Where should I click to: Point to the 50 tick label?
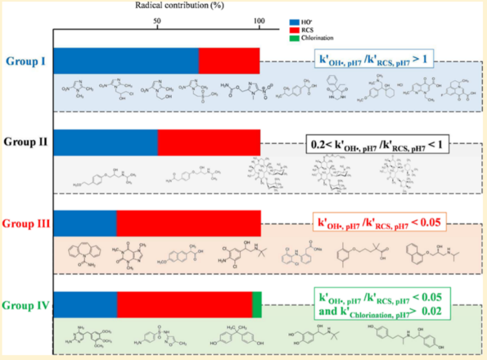click(x=157, y=21)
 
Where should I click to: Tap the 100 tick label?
click(x=259, y=21)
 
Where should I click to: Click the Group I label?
click(x=27, y=60)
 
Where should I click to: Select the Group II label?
click(x=25, y=142)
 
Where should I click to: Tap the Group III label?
click(x=25, y=224)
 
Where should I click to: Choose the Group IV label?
click(x=25, y=306)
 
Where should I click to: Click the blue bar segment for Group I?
click(x=126, y=60)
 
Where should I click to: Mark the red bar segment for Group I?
click(x=229, y=60)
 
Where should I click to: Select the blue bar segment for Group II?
click(x=105, y=142)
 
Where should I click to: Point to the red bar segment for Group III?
click(x=188, y=223)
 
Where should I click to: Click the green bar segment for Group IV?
click(x=257, y=305)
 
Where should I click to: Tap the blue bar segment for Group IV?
click(x=85, y=305)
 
